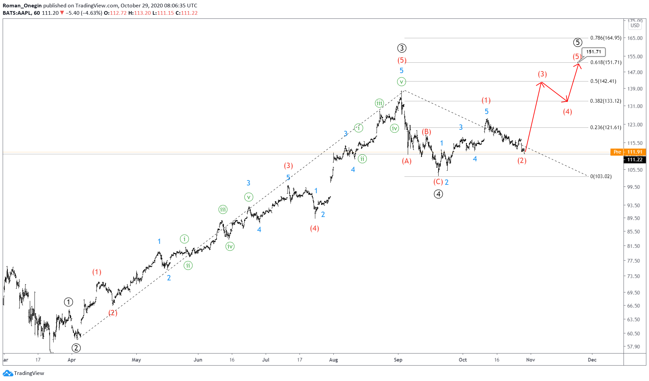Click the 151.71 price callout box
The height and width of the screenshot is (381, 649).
(593, 52)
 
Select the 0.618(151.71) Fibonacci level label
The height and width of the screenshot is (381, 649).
(606, 62)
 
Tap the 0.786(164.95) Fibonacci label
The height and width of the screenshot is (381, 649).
(606, 38)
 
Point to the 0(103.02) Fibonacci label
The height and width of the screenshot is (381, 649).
(601, 176)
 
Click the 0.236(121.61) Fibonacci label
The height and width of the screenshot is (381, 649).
(606, 127)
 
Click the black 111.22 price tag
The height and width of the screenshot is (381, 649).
(635, 160)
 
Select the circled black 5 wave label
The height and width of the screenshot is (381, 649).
(578, 43)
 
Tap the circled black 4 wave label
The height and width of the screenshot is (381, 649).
(438, 194)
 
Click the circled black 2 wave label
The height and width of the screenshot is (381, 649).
(76, 348)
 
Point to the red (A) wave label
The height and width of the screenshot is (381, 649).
(407, 161)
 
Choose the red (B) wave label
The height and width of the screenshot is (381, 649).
(426, 132)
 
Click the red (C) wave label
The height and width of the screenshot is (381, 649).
(438, 182)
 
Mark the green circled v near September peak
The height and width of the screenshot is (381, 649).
(401, 81)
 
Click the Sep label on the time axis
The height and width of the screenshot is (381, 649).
(398, 360)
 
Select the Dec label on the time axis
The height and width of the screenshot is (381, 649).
(592, 360)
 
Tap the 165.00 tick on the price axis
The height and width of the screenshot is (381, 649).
(635, 38)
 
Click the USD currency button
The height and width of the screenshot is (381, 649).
(635, 25)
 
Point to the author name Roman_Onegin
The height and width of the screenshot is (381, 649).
(22, 6)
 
